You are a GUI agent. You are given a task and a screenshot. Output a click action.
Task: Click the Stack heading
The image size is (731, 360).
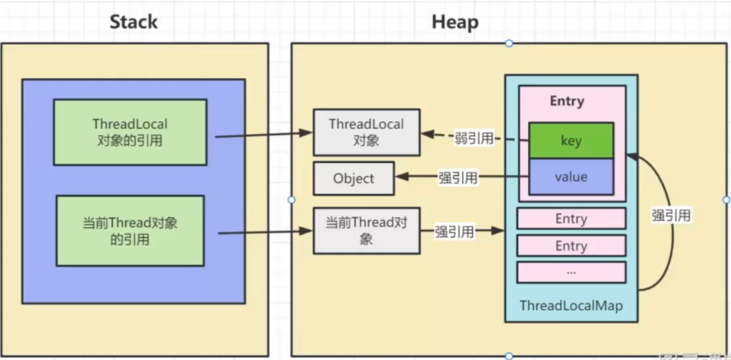134,22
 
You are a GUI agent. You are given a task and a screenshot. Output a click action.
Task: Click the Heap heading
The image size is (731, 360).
455,22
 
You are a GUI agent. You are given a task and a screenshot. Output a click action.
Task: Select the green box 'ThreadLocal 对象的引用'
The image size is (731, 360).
130,133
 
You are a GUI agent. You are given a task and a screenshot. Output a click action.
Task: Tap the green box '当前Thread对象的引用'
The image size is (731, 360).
130,231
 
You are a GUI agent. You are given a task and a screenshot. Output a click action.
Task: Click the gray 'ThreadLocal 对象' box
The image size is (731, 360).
366,133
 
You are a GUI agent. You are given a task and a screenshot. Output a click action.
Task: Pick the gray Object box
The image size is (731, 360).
354,179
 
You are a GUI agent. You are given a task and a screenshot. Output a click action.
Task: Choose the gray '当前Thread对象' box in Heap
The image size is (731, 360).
366,231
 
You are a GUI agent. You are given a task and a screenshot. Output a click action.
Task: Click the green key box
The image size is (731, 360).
571,141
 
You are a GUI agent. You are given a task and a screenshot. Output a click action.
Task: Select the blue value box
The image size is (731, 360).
571,177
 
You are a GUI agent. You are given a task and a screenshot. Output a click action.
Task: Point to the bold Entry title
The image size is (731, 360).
567,101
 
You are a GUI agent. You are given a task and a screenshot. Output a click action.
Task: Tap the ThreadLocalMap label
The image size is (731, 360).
571,306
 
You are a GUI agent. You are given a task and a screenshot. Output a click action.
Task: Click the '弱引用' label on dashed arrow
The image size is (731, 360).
474,138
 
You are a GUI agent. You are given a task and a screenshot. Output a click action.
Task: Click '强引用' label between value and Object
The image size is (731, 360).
458,178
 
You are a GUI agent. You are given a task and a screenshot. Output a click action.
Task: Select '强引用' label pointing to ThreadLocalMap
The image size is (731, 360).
454,231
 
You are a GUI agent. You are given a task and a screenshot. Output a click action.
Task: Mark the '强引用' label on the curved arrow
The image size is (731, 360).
671,215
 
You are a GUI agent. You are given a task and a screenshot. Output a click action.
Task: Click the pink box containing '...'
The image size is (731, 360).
571,272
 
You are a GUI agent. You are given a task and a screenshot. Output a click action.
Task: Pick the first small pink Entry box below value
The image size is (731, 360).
571,219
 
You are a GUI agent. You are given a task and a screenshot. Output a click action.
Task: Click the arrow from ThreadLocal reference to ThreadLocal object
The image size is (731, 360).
263,134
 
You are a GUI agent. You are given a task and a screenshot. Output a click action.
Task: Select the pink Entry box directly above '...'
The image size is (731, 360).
571,246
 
